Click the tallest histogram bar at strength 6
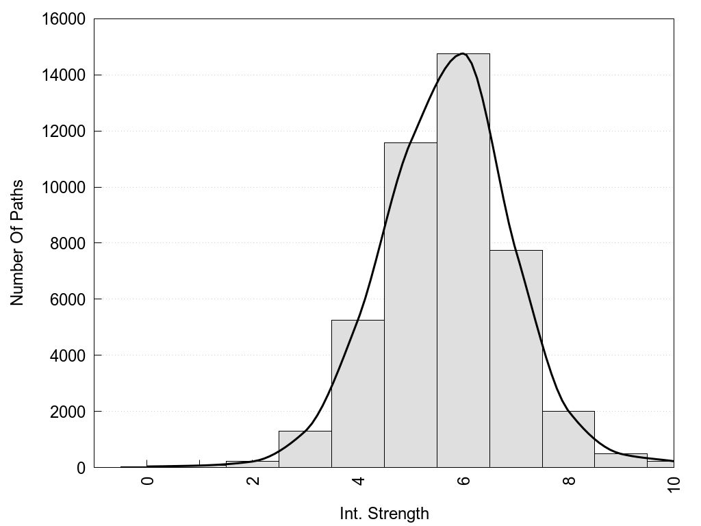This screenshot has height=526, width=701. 463,260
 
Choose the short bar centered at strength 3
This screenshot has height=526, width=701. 305,449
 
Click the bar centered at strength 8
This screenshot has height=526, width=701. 569,439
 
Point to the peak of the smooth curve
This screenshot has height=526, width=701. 463,53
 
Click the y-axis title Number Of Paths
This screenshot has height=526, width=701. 17,242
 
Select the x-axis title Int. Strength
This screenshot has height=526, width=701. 384,514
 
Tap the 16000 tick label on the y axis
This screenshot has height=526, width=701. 61,19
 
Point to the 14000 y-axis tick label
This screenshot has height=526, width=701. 61,75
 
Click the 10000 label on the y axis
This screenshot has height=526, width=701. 61,187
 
